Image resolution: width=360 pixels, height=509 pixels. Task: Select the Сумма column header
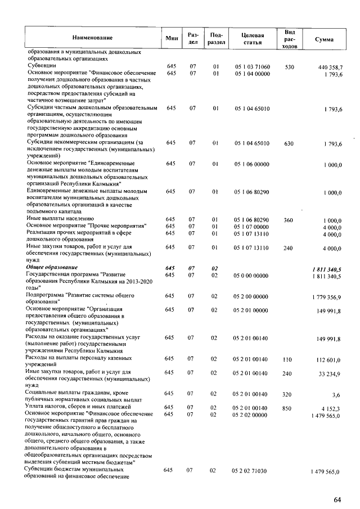325,39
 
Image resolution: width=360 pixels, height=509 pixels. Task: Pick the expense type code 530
290,67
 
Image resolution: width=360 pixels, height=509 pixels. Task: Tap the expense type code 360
290,219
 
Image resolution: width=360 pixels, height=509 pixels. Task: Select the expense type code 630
290,143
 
